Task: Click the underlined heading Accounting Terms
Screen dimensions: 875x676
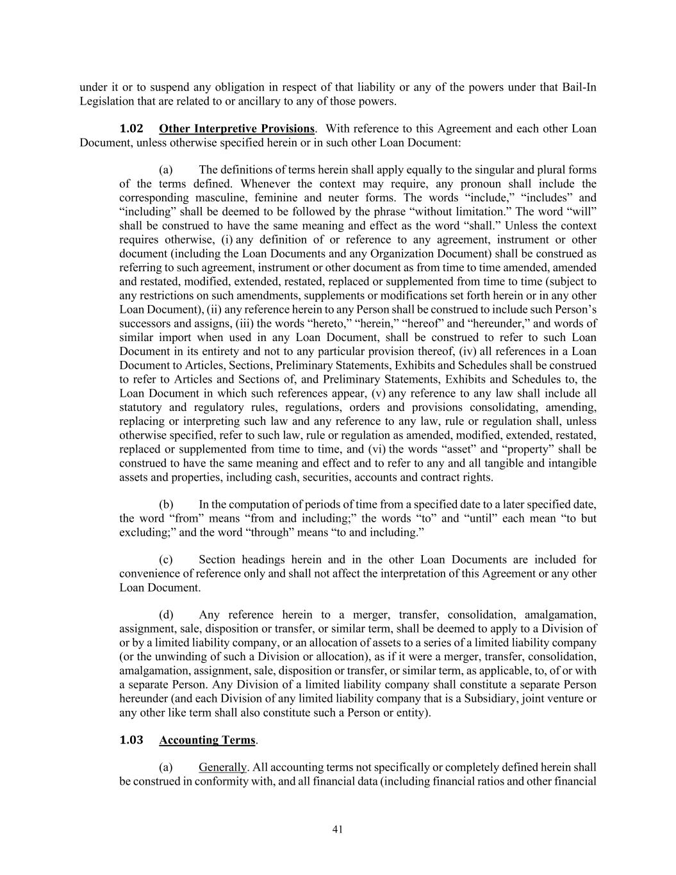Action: click(207, 740)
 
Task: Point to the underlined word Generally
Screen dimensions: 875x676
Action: click(222, 767)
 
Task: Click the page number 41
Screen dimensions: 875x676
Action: click(338, 829)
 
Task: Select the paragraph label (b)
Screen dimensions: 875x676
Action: click(166, 504)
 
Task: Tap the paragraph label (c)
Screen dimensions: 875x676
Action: click(166, 560)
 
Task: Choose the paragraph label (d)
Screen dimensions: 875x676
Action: click(166, 615)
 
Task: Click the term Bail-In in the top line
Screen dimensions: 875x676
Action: click(579, 87)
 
